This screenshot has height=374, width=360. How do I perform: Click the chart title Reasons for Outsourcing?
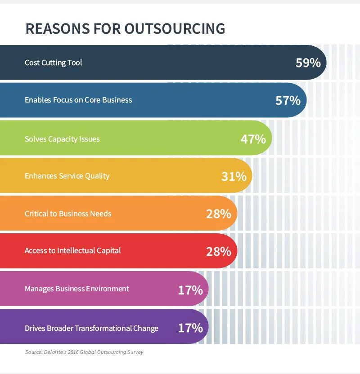(x=125, y=29)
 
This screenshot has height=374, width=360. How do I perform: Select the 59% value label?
(x=308, y=62)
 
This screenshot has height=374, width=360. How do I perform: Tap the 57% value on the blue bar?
(x=288, y=100)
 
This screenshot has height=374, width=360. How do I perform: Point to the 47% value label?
(x=253, y=139)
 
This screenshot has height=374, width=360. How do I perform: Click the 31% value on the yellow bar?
(x=234, y=176)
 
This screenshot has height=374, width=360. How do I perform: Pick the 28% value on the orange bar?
(x=218, y=214)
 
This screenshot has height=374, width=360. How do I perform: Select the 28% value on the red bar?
(x=218, y=251)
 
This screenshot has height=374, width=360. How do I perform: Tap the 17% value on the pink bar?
(x=190, y=290)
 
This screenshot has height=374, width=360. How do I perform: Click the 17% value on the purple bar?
(x=190, y=328)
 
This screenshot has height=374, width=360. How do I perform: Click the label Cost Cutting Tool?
(x=53, y=62)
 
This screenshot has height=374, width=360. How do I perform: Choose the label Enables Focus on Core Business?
(x=78, y=100)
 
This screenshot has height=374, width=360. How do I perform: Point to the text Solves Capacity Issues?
(x=62, y=139)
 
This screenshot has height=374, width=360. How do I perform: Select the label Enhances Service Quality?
(x=67, y=176)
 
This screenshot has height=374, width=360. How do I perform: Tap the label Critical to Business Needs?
(x=68, y=214)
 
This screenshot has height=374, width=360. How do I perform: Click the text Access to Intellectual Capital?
(x=72, y=250)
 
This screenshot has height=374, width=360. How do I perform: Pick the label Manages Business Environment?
(x=77, y=289)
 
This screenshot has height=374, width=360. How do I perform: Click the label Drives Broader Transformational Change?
(x=91, y=328)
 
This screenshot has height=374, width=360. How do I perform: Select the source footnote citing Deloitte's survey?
(x=84, y=352)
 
